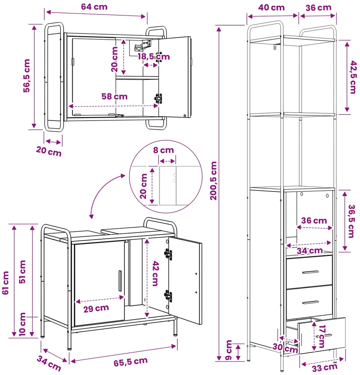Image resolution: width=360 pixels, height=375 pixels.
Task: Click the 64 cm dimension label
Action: click(x=94, y=7)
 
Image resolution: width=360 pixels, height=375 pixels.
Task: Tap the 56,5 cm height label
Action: click(x=27, y=76)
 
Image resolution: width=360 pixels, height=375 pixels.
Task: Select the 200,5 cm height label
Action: click(x=213, y=181)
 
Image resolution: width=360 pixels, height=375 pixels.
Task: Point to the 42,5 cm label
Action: click(x=353, y=77)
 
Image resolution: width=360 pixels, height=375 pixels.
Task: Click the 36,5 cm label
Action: click(x=351, y=221)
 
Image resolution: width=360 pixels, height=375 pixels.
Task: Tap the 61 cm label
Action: click(x=5, y=283)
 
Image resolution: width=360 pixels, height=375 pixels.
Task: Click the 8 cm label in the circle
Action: click(x=164, y=150)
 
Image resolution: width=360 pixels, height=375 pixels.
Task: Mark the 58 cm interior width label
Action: click(x=114, y=96)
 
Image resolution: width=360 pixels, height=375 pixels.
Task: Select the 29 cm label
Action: click(x=96, y=309)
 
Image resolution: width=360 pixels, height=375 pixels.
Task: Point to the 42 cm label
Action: click(x=156, y=273)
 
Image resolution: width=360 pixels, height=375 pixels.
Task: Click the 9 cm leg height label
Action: click(x=229, y=350)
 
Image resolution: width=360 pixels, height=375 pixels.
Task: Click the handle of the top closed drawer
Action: click(x=310, y=272)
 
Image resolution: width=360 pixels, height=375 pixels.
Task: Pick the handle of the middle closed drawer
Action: click(x=310, y=302)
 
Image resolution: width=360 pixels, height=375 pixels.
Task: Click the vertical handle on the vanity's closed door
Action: click(x=120, y=281)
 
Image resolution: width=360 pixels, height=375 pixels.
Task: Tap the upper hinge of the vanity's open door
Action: click(x=168, y=254)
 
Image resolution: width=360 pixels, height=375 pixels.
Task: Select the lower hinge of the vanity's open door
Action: click(x=168, y=296)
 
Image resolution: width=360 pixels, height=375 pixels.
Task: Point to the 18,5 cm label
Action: click(x=154, y=57)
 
